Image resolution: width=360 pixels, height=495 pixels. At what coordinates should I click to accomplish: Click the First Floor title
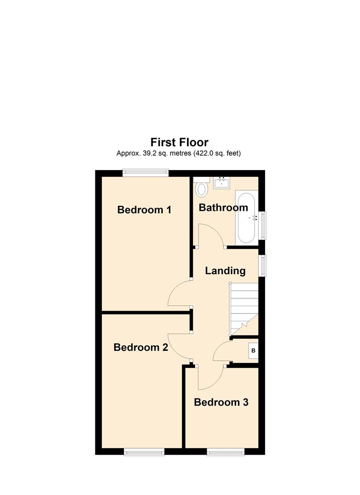179,143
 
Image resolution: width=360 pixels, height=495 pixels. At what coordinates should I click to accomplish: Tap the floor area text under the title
179,154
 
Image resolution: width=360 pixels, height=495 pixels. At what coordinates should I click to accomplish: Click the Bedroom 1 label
144,209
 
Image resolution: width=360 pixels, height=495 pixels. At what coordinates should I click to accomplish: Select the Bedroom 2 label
141,347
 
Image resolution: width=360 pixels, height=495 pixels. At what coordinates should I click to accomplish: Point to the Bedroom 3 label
221,402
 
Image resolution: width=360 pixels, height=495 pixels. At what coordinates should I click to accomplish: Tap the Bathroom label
223,208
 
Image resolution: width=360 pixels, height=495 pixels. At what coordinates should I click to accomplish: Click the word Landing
225,271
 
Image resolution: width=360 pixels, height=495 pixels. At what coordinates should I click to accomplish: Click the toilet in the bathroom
201,187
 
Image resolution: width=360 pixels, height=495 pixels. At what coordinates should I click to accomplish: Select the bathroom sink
222,183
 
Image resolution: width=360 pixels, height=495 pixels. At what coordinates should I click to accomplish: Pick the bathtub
246,217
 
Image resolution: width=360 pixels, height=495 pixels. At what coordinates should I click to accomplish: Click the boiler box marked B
253,351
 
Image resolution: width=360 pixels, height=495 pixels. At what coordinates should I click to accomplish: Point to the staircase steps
244,309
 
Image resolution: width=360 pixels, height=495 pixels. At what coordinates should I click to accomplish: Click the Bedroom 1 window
145,172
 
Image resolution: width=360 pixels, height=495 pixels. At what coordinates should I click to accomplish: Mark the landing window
262,265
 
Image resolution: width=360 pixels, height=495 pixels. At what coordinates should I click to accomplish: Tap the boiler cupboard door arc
219,347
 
